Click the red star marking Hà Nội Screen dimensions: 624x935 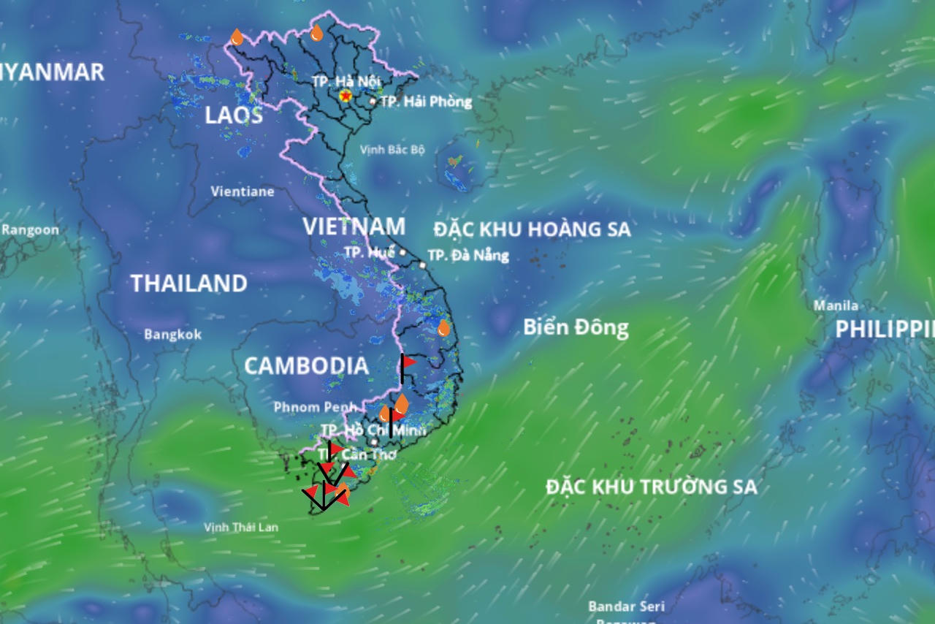tap(346, 96)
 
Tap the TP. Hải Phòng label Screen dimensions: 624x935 tap(427, 102)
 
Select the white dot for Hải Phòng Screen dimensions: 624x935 tap(373, 102)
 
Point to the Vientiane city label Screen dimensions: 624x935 tap(243, 191)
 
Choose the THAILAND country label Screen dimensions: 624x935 tap(188, 284)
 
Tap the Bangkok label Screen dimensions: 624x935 tap(172, 335)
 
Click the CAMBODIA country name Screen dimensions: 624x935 tap(305, 366)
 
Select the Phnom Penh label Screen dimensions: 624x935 tap(314, 407)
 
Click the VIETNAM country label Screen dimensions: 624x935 tap(354, 227)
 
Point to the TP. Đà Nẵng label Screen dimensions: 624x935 tap(468, 256)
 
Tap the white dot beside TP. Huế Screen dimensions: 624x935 tap(402, 252)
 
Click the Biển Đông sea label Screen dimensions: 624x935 tap(576, 327)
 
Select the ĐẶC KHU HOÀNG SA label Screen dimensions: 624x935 tap(532, 229)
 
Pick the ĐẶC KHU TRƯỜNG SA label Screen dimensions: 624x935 tap(652, 487)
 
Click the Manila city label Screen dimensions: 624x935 tap(836, 305)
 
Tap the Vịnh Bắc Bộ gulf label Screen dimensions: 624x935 tap(392, 150)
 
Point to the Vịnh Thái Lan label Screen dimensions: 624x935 tap(241, 527)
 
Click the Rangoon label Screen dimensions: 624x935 tap(31, 229)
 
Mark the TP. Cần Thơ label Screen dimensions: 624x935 tap(357, 454)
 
